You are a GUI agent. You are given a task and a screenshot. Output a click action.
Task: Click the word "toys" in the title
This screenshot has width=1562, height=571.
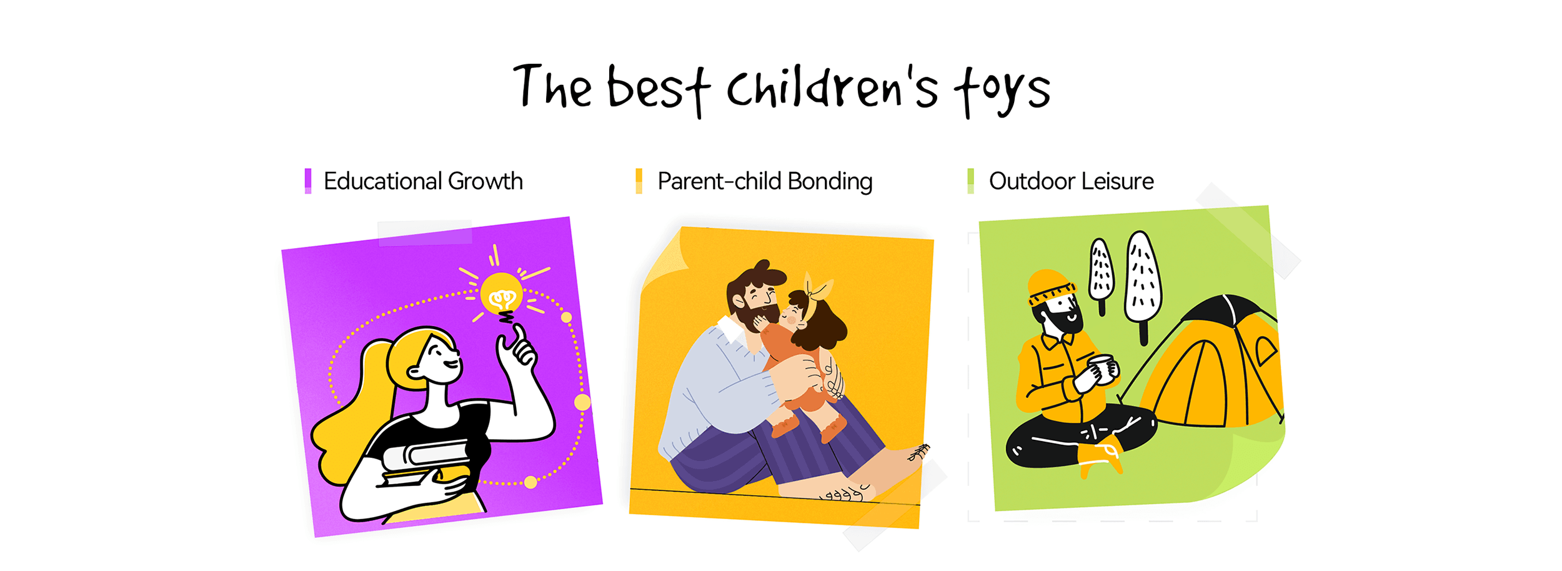click(x=1002, y=92)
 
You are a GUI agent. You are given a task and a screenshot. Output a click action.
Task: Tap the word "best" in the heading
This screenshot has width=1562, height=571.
click(x=659, y=90)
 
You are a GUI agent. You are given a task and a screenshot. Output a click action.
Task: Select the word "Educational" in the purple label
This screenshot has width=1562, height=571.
click(x=382, y=181)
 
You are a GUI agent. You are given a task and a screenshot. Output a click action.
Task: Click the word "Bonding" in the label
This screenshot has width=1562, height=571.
click(x=830, y=182)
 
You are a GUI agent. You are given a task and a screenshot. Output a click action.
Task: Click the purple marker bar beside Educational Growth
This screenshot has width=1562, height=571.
click(x=307, y=181)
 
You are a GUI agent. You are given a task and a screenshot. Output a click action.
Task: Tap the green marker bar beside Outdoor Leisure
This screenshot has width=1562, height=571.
click(x=970, y=181)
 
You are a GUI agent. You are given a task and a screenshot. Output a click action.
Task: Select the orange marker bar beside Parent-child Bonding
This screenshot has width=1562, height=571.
click(x=639, y=181)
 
